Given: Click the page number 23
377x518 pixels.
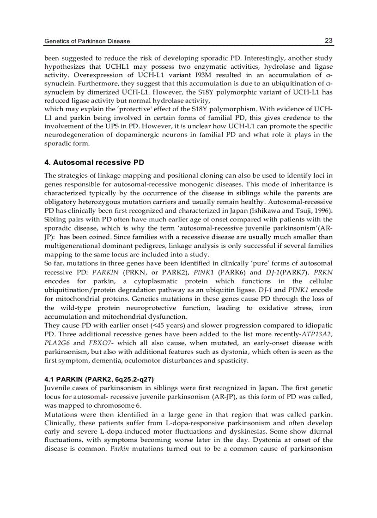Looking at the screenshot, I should pyautogui.click(x=328, y=41).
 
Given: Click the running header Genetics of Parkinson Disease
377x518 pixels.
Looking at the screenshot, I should pyautogui.click(x=87, y=41).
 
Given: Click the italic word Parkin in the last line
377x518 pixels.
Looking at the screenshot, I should pyautogui.click(x=119, y=448).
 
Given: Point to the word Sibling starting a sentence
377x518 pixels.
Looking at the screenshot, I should pyautogui.click(x=55, y=220).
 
